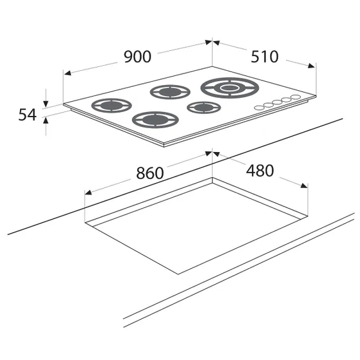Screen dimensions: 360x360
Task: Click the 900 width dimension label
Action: coord(138,57)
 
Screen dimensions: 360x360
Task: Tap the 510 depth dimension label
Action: coord(265,57)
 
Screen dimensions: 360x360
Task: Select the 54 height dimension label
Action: coord(27,115)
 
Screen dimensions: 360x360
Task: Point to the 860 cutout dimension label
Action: coord(150,173)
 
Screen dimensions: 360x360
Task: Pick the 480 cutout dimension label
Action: coord(260,171)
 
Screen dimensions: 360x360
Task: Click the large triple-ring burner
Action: coord(230,88)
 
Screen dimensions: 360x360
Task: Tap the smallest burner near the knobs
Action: coord(204,107)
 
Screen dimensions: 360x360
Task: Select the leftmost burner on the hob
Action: coord(111,106)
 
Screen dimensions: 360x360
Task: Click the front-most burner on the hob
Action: coord(155,120)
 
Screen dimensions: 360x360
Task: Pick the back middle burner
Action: coord(170,92)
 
